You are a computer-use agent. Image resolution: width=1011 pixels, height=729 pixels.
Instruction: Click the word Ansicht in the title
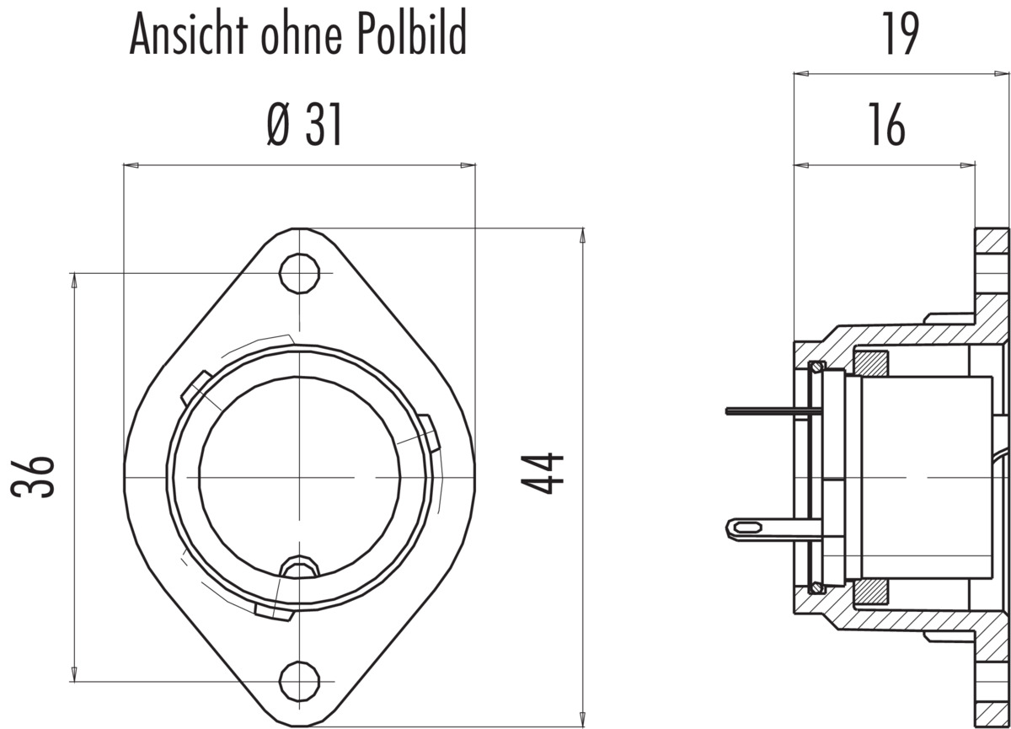coord(189,34)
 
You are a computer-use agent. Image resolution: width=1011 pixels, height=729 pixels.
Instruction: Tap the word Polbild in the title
coord(412,34)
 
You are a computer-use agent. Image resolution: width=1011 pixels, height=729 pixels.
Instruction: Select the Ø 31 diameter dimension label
coord(305,124)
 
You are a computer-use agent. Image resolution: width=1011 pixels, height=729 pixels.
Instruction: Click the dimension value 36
coord(33,479)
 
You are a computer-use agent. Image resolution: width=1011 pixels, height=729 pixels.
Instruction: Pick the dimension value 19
coord(901,34)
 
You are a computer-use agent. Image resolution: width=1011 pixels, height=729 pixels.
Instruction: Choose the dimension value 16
coord(887,124)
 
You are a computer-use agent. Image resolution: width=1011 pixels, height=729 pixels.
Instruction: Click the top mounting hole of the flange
coord(299,274)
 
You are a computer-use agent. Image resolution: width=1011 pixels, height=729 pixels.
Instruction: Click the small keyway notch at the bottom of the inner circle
coord(299,567)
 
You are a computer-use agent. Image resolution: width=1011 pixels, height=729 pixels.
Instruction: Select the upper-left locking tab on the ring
coord(196,389)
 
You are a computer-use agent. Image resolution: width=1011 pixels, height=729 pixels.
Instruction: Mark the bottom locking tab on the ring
coord(275,613)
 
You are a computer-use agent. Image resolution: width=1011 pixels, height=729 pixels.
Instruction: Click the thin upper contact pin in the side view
coord(773,410)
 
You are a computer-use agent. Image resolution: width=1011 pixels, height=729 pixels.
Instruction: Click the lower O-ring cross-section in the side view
coord(816,587)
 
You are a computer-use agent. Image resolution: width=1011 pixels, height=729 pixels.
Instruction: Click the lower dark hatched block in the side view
coord(871,592)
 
